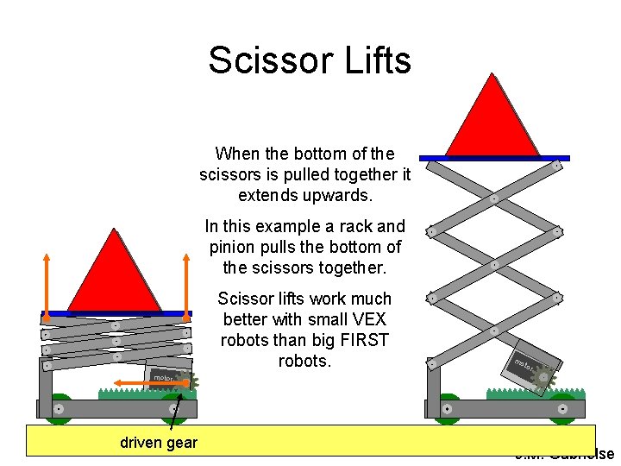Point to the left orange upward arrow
(x=47, y=280)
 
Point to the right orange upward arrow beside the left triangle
(x=187, y=280)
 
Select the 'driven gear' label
(x=159, y=443)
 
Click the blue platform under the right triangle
(x=494, y=158)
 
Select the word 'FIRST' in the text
(x=366, y=340)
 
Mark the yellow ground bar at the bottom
(x=310, y=439)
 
